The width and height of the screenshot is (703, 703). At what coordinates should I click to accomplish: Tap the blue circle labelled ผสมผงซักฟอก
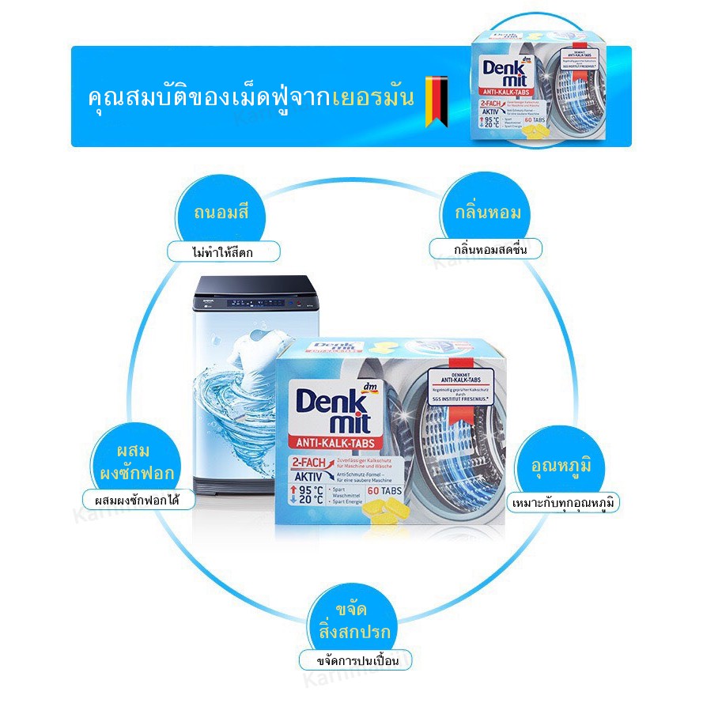tap(144, 462)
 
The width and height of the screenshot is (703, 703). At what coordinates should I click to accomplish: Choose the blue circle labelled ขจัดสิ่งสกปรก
tap(351, 622)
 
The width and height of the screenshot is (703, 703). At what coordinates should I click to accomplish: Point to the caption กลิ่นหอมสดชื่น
tap(487, 249)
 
